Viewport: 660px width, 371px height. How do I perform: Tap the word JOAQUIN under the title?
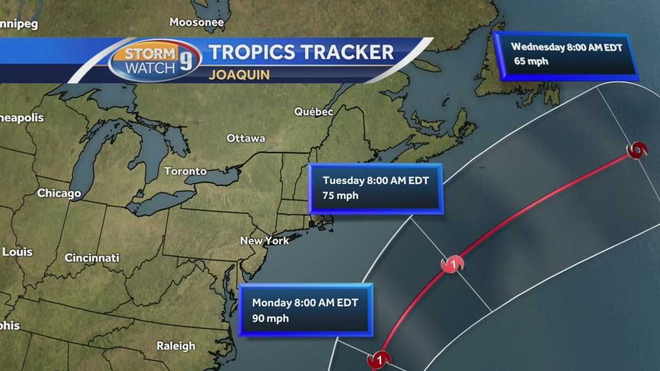pyautogui.click(x=239, y=75)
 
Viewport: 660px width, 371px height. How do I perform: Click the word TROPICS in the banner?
pyautogui.click(x=251, y=52)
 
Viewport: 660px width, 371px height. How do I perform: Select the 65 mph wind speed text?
pyautogui.click(x=531, y=61)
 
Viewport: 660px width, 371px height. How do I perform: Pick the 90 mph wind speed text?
pyautogui.click(x=270, y=318)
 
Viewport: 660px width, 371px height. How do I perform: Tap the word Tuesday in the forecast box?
pyautogui.click(x=343, y=180)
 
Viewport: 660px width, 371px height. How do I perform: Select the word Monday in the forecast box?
pyautogui.click(x=273, y=303)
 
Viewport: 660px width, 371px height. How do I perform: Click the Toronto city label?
pyautogui.click(x=185, y=171)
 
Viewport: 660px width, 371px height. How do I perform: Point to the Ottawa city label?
pyautogui.click(x=246, y=139)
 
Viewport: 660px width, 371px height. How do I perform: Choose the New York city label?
pyautogui.click(x=264, y=241)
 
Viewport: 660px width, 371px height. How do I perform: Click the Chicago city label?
pyautogui.click(x=59, y=193)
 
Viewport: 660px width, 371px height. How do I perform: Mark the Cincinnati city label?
pyautogui.click(x=92, y=258)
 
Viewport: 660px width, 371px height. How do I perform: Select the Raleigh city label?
pyautogui.click(x=175, y=346)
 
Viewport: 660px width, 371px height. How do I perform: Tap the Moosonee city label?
pyautogui.click(x=197, y=23)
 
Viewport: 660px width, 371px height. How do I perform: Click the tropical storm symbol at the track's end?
pyautogui.click(x=637, y=151)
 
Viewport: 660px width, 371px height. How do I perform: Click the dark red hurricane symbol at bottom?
pyautogui.click(x=379, y=361)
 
